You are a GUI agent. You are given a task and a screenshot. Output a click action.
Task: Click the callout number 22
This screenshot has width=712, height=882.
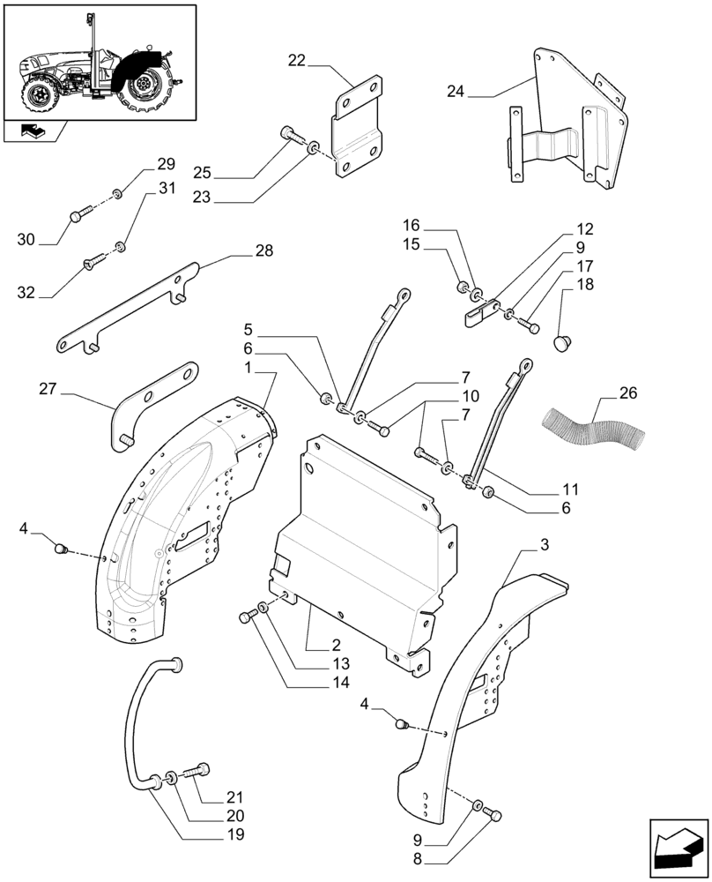296,61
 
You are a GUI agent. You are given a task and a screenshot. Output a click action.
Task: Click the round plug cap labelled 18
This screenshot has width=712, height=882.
561,340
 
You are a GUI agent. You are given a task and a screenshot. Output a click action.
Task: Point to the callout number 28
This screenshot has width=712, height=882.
263,251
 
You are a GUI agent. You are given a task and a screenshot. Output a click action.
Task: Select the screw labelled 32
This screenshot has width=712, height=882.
91,262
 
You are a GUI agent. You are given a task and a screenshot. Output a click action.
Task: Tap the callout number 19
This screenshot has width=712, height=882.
234,833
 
